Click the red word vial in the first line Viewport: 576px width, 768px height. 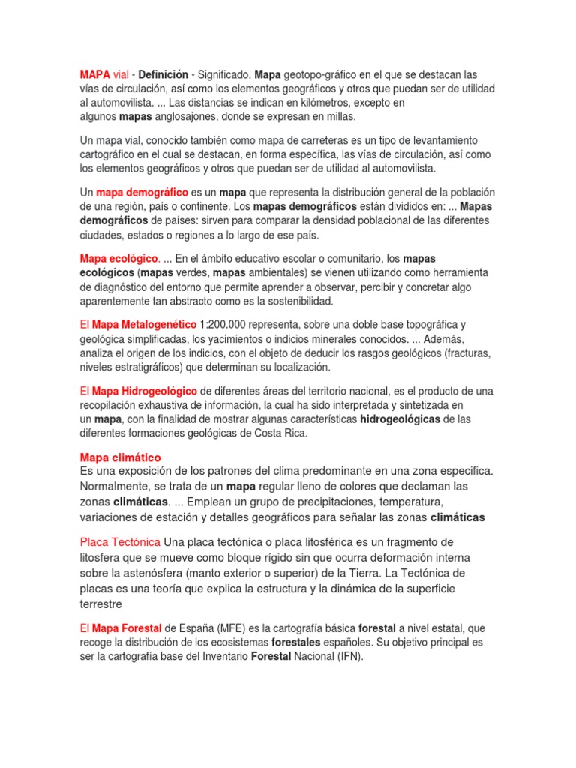[121, 75]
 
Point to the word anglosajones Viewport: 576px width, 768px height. [187, 118]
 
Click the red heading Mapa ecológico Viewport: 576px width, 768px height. [119, 259]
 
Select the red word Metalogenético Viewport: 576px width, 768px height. [160, 325]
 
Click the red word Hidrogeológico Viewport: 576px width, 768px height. [160, 391]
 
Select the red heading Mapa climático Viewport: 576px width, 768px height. [120, 457]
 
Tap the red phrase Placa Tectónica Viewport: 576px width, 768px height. [120, 542]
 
